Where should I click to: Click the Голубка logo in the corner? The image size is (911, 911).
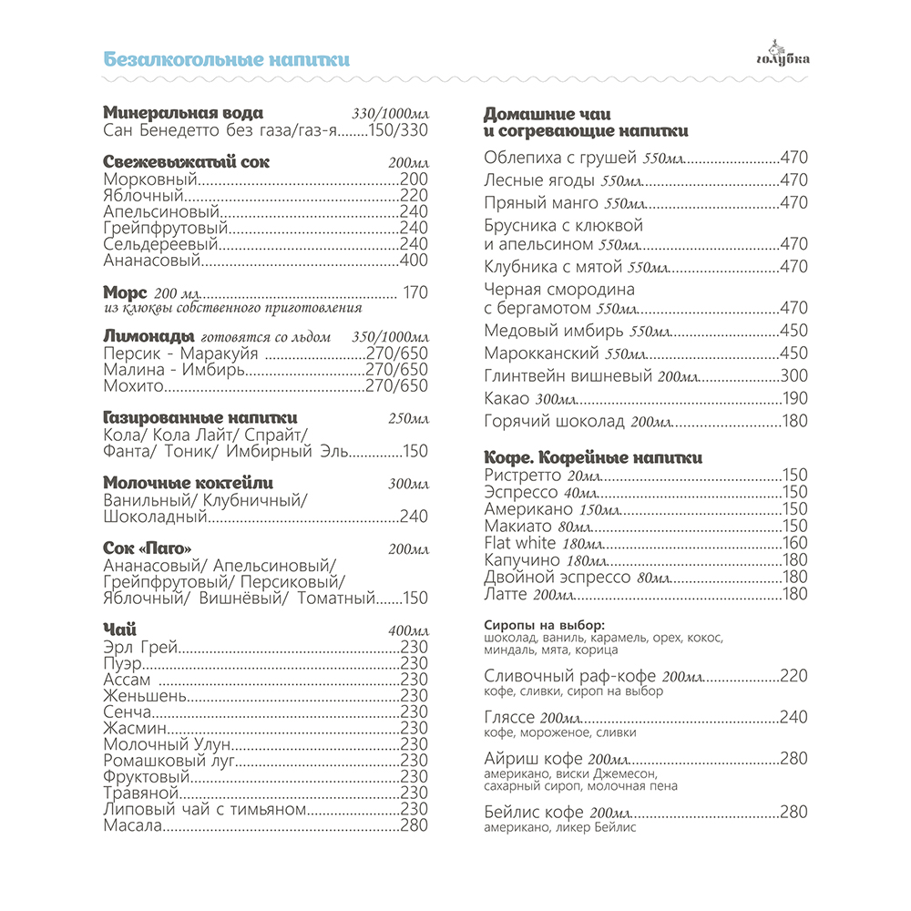pos(782,56)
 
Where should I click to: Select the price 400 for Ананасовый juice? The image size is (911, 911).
pos(414,261)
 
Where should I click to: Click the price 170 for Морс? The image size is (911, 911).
pos(415,292)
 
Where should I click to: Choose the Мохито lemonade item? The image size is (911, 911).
pos(133,385)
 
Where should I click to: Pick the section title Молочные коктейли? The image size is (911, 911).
pos(188,483)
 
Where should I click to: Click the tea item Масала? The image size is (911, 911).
pos(133,826)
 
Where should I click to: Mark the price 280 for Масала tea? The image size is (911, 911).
pos(414,826)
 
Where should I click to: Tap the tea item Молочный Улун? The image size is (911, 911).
pos(159,743)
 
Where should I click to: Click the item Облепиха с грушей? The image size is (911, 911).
pos(560,157)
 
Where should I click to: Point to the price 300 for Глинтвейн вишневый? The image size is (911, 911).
pos(793,375)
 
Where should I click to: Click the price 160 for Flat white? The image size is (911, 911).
pos(794,543)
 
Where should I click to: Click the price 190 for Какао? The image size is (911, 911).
pos(794,398)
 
